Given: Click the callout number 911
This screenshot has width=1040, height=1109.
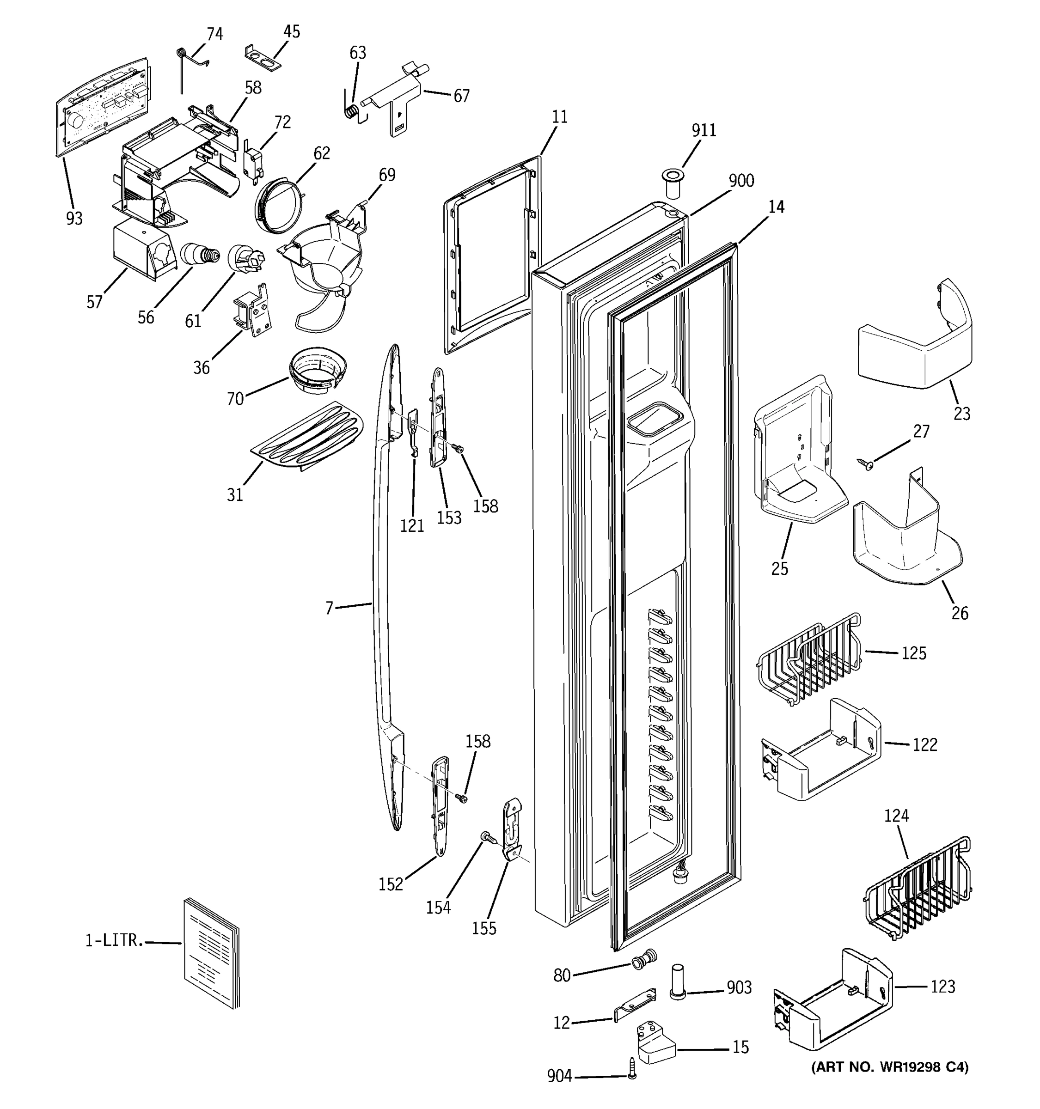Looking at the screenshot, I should [x=704, y=130].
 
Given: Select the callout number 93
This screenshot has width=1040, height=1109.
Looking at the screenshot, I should [x=74, y=219].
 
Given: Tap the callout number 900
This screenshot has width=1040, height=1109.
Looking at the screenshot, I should [x=741, y=181].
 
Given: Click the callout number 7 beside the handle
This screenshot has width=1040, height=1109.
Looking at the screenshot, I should [x=329, y=608].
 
